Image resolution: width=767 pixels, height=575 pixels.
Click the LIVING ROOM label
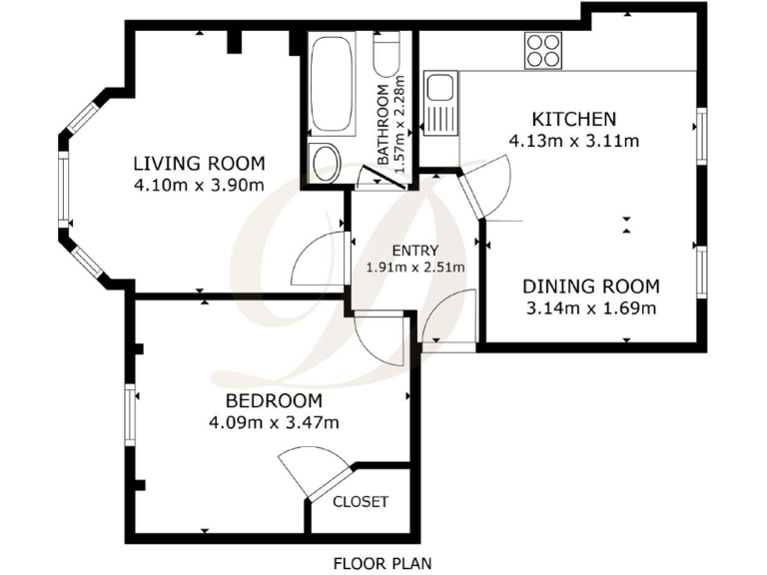click(x=199, y=164)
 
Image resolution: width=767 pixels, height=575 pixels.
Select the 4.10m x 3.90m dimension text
click(x=199, y=186)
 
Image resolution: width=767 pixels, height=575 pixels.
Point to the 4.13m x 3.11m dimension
click(x=573, y=141)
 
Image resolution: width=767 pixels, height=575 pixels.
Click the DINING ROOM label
click(x=591, y=286)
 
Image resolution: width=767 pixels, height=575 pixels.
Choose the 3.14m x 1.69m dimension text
click(x=591, y=307)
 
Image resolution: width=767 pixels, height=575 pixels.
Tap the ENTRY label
click(x=414, y=250)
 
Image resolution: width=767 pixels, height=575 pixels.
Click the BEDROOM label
click(x=274, y=400)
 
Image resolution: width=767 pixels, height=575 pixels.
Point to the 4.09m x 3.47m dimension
click(x=274, y=422)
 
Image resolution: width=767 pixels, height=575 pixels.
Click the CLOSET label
click(x=360, y=501)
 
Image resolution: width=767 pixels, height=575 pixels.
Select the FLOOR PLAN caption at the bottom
click(x=383, y=563)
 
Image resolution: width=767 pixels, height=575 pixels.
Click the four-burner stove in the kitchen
click(x=543, y=50)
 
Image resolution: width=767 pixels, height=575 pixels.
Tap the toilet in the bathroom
click(x=325, y=161)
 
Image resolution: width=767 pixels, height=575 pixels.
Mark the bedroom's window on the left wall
click(x=129, y=414)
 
